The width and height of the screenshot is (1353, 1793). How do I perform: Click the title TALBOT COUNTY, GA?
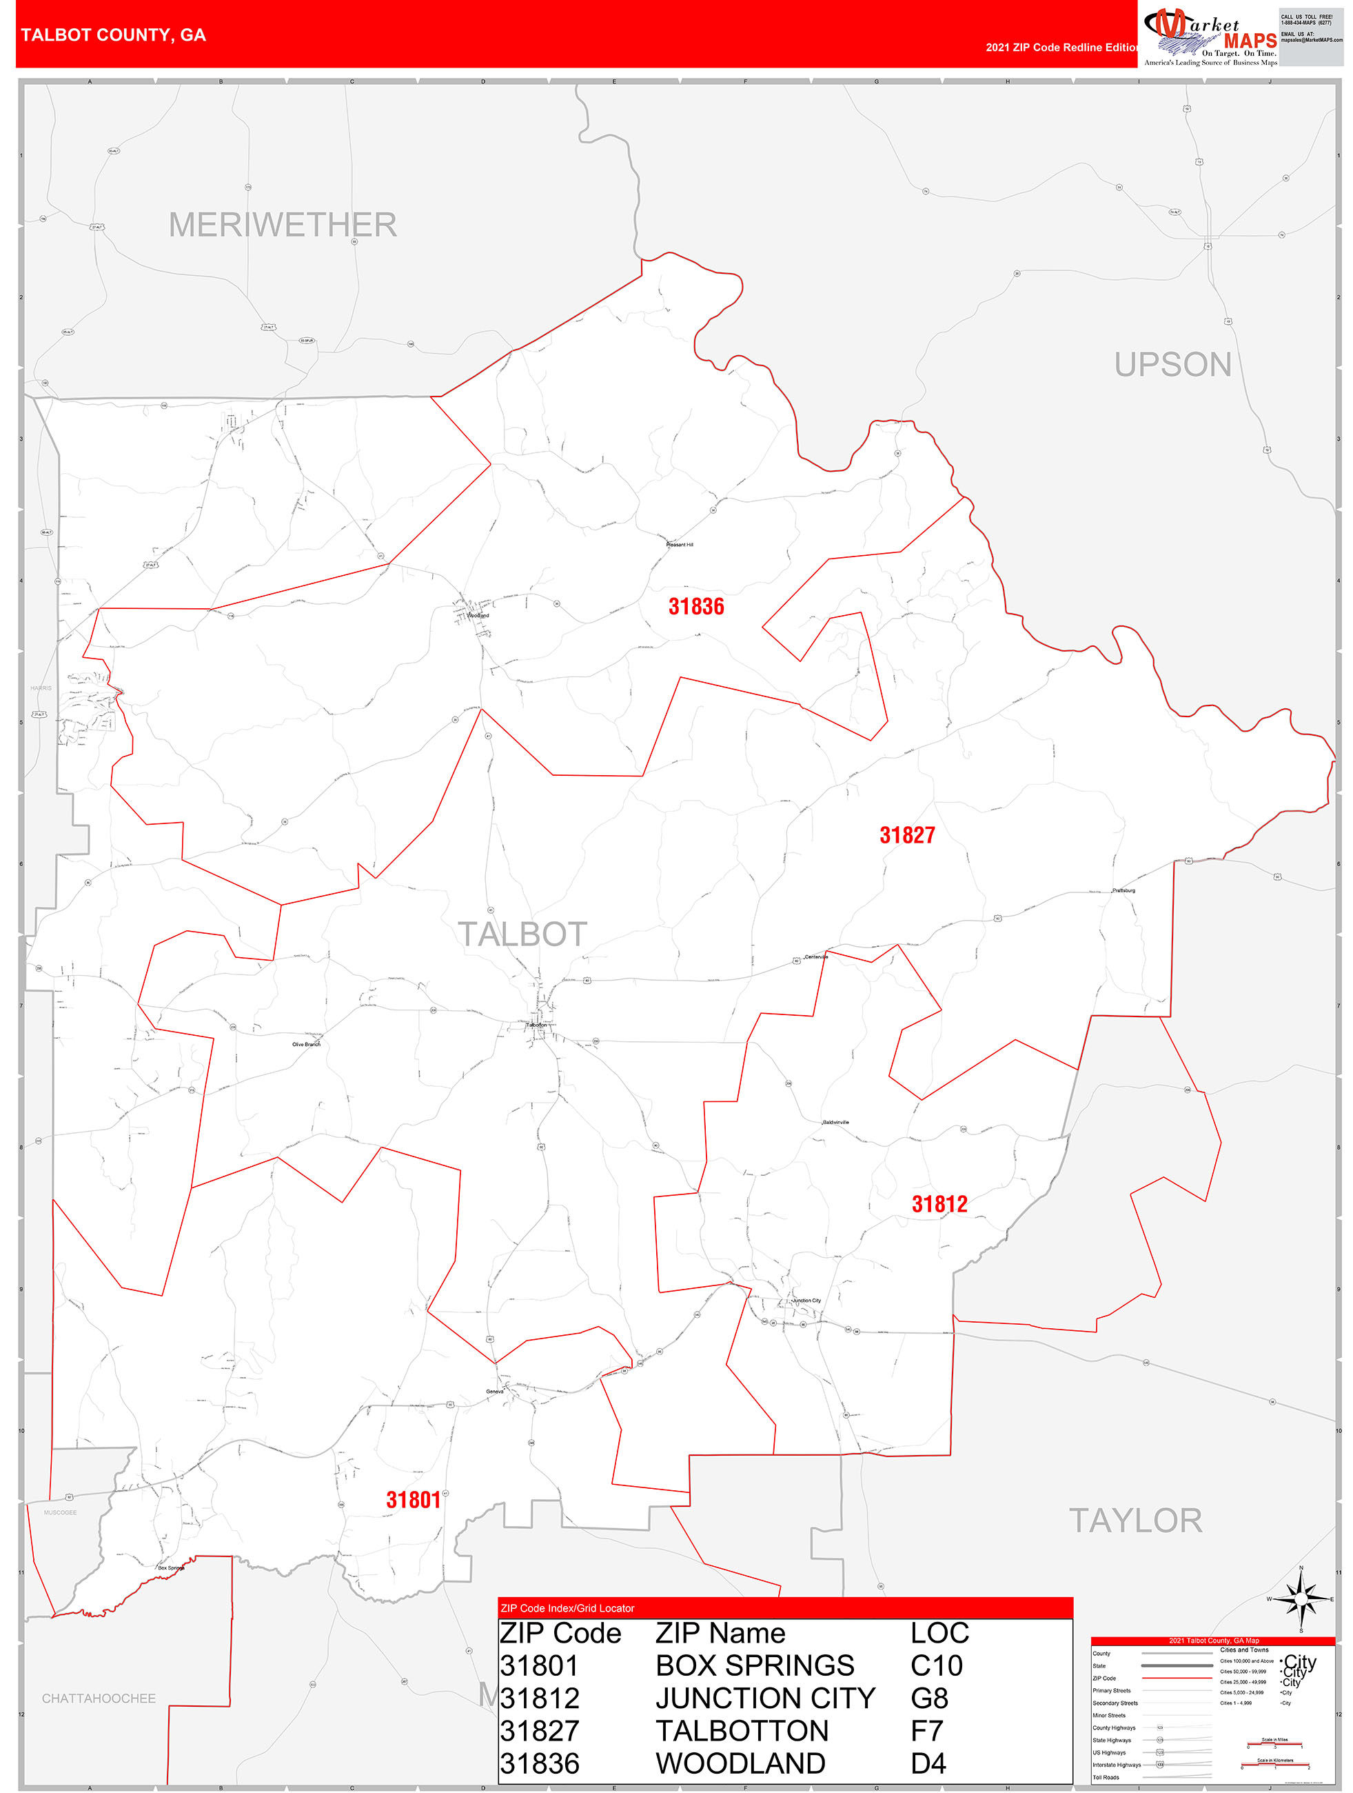coord(114,35)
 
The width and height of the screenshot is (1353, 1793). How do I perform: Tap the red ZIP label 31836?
coord(696,606)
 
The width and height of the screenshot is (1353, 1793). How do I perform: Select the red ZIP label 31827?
coord(908,835)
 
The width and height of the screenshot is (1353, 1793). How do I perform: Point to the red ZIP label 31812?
coord(939,1203)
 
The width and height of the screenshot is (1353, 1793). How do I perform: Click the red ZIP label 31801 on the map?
coord(413,1501)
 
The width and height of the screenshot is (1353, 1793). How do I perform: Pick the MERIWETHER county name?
coord(283,225)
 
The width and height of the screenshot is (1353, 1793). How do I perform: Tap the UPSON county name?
coord(1172,365)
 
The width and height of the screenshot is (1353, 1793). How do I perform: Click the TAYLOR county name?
coord(1135,1521)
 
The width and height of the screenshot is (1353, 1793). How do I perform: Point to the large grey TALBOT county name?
coord(522,934)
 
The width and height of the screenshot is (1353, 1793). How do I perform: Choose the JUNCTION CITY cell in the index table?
coord(765,1698)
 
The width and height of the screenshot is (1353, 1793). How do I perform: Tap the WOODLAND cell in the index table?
coord(740,1764)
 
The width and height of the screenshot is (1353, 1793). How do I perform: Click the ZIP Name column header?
coord(720,1633)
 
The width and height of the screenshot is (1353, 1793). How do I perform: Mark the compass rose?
coord(1301,1599)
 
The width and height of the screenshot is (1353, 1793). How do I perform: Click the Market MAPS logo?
coord(1210,37)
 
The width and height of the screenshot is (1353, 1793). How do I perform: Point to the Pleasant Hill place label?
coord(680,545)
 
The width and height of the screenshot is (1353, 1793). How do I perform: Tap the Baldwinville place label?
coord(835,1123)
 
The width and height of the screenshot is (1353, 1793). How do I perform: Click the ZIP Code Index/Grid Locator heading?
coord(567,1608)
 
